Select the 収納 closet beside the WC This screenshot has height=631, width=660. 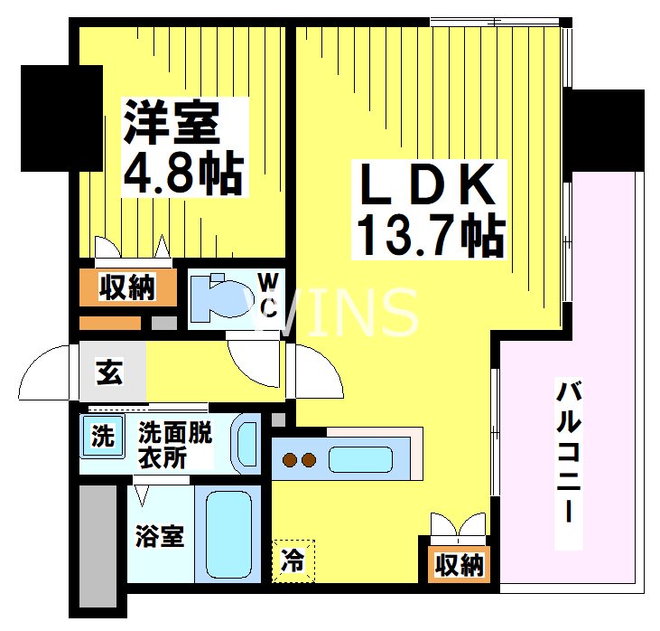(126, 287)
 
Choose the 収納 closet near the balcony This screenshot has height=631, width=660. (459, 565)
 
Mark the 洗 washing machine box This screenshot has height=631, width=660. (101, 437)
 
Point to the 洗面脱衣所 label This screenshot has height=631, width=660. (174, 445)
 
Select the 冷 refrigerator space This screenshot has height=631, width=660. (294, 561)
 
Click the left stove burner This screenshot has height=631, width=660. (291, 460)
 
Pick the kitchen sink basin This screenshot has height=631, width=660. (359, 459)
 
